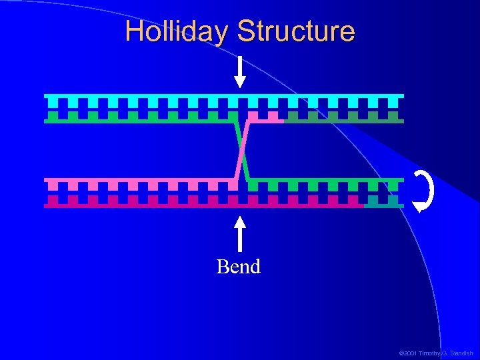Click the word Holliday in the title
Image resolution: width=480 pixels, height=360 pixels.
click(177, 31)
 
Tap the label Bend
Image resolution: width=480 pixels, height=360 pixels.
click(238, 267)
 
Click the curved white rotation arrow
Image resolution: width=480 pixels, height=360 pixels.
click(424, 191)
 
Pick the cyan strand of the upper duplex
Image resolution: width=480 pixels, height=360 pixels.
click(223, 97)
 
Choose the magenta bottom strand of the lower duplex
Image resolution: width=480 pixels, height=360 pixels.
click(200, 205)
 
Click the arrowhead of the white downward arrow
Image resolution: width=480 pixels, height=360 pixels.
click(239, 82)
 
